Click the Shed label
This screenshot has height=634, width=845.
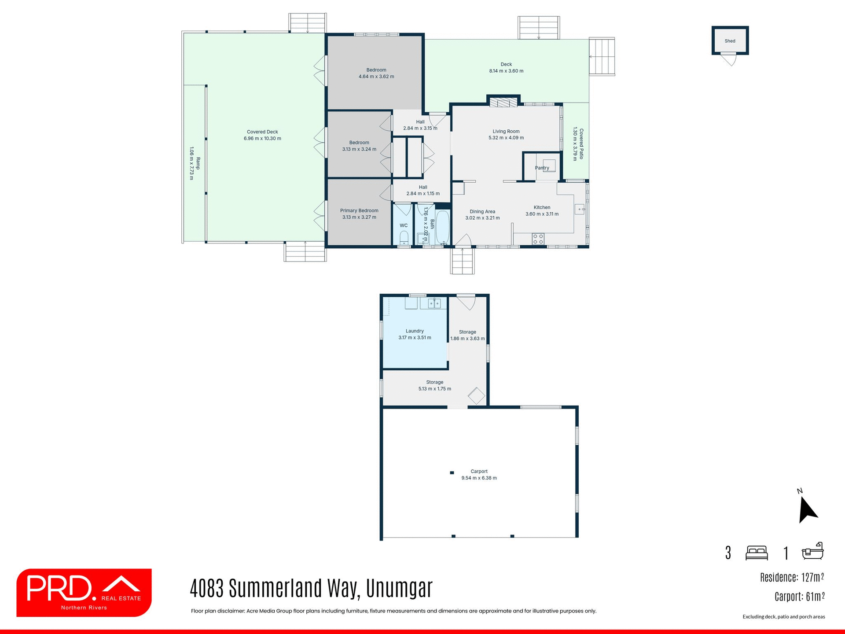tap(730, 41)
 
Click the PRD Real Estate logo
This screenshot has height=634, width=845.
tap(84, 592)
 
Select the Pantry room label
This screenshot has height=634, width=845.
tap(542, 168)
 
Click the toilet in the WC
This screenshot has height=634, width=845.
tap(404, 238)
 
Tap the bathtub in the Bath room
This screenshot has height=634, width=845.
tap(442, 227)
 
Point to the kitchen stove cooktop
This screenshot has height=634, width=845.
tap(538, 239)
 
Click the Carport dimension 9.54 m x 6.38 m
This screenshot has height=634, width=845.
tap(479, 478)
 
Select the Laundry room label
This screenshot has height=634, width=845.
tap(415, 331)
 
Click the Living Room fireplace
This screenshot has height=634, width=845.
tap(503, 103)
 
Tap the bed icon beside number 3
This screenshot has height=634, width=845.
tap(757, 553)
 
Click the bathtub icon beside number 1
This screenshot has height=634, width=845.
tap(812, 551)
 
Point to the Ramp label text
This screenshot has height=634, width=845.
tap(198, 163)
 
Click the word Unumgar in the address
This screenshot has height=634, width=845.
tap(399, 588)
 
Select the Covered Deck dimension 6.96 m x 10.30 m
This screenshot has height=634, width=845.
tap(262, 138)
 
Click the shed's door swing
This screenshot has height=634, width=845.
tap(730, 59)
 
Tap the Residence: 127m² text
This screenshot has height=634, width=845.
tap(792, 577)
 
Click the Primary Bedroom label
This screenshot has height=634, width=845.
tap(359, 210)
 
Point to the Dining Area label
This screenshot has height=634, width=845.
tap(482, 211)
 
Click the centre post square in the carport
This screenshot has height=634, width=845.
tap(452, 473)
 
